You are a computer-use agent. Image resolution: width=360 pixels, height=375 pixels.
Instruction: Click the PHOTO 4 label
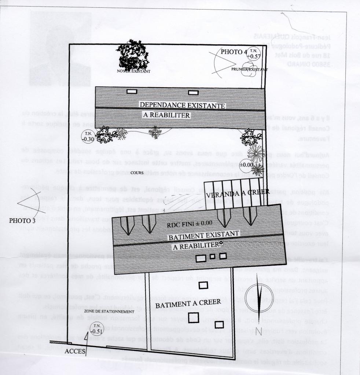pyautogui.click(x=234, y=52)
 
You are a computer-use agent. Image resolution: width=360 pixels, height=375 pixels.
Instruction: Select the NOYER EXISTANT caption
pyautogui.click(x=133, y=71)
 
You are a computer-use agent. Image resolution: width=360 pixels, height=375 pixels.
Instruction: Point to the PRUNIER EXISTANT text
pyautogui.click(x=249, y=69)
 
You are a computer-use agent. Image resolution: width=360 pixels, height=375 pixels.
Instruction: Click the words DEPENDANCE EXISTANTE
pyautogui.click(x=182, y=105)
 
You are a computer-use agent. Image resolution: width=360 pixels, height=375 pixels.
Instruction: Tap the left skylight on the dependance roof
pyautogui.click(x=132, y=91)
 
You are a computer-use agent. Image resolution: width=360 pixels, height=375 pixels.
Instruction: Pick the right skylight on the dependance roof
pyautogui.click(x=193, y=92)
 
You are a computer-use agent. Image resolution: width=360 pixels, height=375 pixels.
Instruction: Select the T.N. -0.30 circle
pyautogui.click(x=88, y=136)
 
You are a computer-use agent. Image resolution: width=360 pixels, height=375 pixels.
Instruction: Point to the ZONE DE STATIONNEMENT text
pyautogui.click(x=108, y=311)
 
